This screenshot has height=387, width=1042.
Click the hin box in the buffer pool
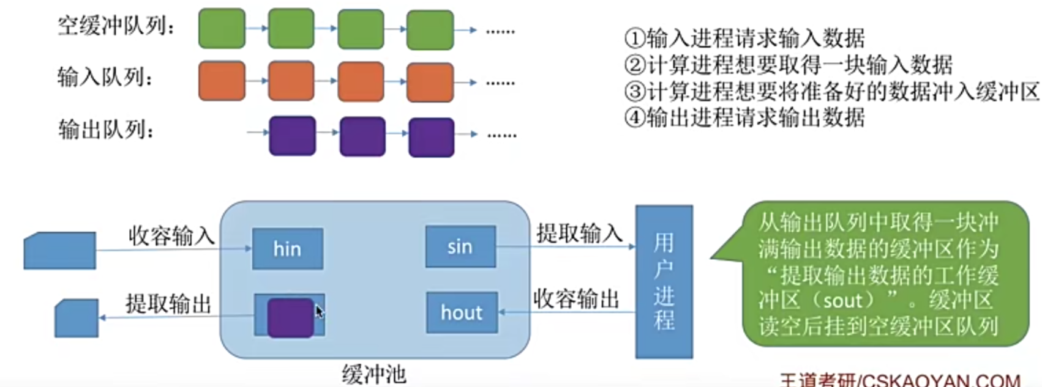287,249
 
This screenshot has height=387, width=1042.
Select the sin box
460,246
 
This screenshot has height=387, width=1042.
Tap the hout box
462,312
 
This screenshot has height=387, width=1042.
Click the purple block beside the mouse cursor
290,317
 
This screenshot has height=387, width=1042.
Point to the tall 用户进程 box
664,282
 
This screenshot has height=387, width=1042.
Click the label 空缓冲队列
116,27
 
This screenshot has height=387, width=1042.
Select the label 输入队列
105,78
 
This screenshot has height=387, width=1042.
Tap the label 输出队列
105,130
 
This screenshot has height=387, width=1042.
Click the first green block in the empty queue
222,29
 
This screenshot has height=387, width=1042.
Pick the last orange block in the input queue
430,82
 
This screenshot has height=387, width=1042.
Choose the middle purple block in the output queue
362,136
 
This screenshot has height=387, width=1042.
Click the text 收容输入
171,235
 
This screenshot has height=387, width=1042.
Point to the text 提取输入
579,233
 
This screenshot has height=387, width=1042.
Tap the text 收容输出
576,299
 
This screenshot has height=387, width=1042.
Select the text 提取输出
168,304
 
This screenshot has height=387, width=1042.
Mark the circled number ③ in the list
635,92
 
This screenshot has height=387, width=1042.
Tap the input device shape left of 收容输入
60,251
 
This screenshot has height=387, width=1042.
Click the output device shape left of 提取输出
77,318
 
